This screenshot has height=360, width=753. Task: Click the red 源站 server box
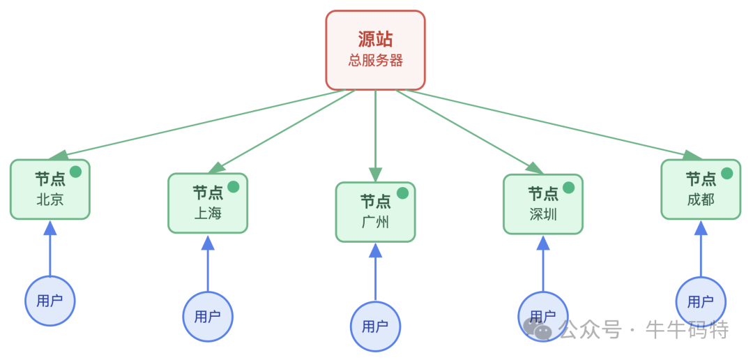coord(375,50)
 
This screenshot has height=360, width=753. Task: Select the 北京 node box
coord(50,190)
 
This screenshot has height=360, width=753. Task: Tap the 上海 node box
coord(207,204)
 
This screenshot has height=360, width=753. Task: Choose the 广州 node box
coord(375,213)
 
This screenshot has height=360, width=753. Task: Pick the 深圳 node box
coord(542,204)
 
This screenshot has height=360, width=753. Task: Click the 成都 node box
coord(700,190)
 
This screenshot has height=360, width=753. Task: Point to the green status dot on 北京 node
coord(75,172)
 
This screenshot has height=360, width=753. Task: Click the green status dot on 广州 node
coord(402,193)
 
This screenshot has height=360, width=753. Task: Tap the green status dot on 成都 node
coord(727,173)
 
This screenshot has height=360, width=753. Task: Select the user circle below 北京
coord(50,301)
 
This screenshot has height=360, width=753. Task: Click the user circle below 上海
coord(207,317)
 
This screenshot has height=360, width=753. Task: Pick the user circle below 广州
coord(375,326)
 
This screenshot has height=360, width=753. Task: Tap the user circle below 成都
coord(700,301)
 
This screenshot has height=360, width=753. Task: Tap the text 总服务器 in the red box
coord(375,61)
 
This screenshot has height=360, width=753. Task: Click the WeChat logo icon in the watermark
coord(537,329)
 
